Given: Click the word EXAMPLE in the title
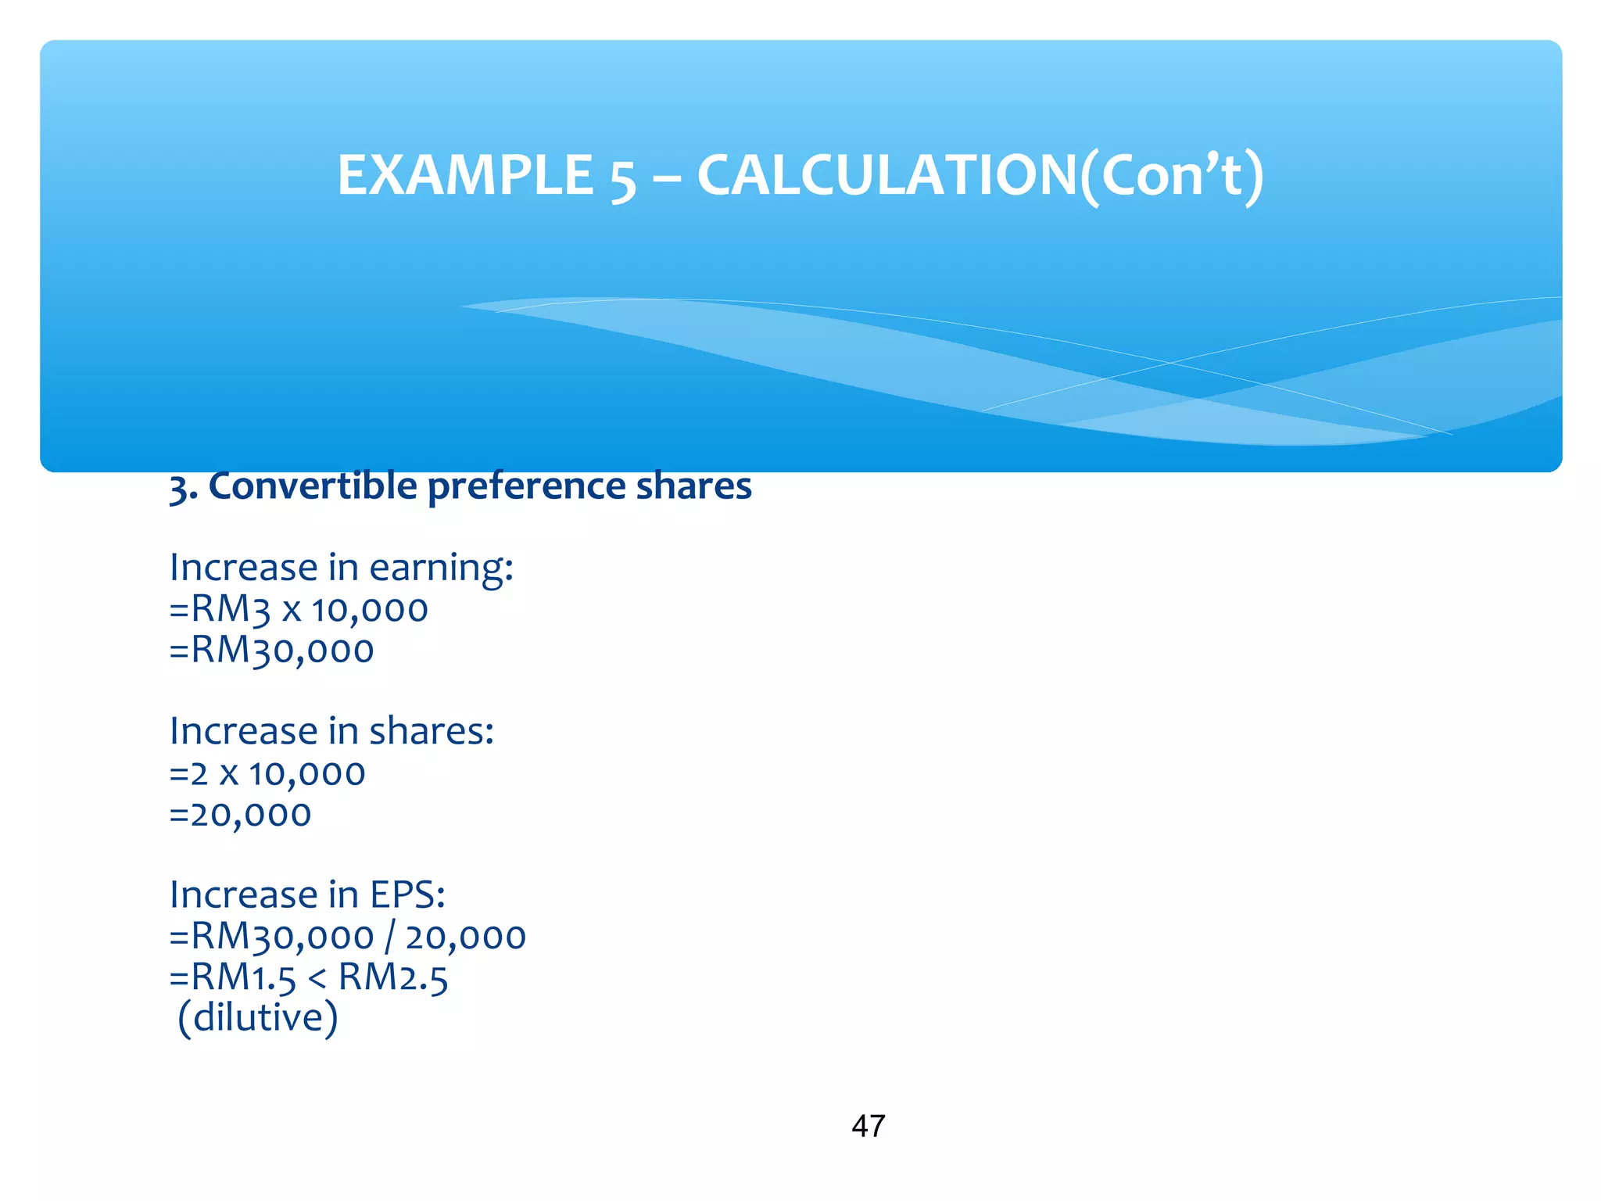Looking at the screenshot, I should (465, 175).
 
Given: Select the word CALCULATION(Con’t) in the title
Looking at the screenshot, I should (980, 175).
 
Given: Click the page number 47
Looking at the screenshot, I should (869, 1127).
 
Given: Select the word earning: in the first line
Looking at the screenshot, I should (441, 568).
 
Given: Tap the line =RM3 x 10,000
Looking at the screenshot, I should (299, 610).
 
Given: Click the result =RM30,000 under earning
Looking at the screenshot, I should (271, 651).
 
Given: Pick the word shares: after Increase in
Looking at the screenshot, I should (432, 732).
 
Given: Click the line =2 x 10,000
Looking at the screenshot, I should (267, 774).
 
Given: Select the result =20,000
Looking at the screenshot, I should (240, 815).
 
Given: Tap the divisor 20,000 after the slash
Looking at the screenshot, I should (466, 937).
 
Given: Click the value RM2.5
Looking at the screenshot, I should (393, 977).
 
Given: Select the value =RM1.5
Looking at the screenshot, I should (233, 977).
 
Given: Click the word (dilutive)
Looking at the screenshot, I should (258, 1018).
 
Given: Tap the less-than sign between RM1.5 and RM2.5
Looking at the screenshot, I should (317, 979).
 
